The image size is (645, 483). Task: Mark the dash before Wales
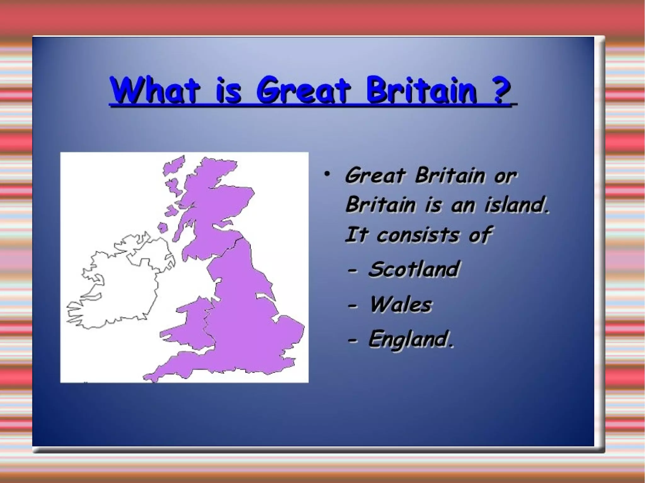coord(352,306)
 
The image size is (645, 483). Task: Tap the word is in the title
coord(229,90)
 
